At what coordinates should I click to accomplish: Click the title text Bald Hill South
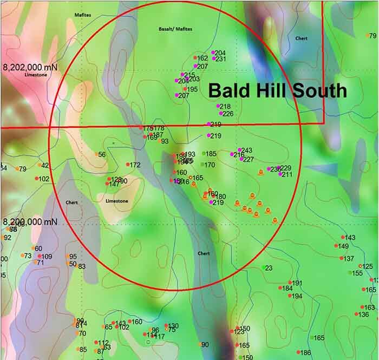tap(278, 90)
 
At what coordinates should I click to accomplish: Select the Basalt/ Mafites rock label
tap(175, 29)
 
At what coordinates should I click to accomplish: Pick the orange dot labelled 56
tap(96, 154)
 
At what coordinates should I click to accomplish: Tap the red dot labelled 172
tap(128, 165)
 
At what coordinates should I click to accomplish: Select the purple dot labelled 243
tap(239, 150)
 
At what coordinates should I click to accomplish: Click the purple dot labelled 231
tap(213, 58)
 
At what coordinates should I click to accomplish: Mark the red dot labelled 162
tap(195, 58)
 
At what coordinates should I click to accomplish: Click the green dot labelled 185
tap(204, 154)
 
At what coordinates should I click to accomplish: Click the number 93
tap(165, 141)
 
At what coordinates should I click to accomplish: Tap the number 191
tap(297, 283)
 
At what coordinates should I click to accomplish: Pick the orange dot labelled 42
tap(40, 165)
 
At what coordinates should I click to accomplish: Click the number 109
tap(47, 257)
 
